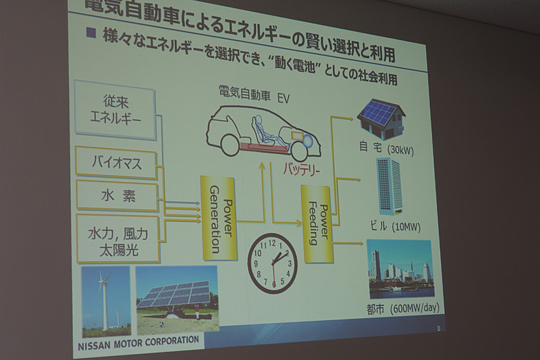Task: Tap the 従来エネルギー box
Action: [116, 113]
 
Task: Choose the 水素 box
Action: [117, 195]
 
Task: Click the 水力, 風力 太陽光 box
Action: [118, 238]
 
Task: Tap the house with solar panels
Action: [381, 119]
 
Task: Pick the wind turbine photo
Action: [105, 301]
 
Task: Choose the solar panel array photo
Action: [178, 299]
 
